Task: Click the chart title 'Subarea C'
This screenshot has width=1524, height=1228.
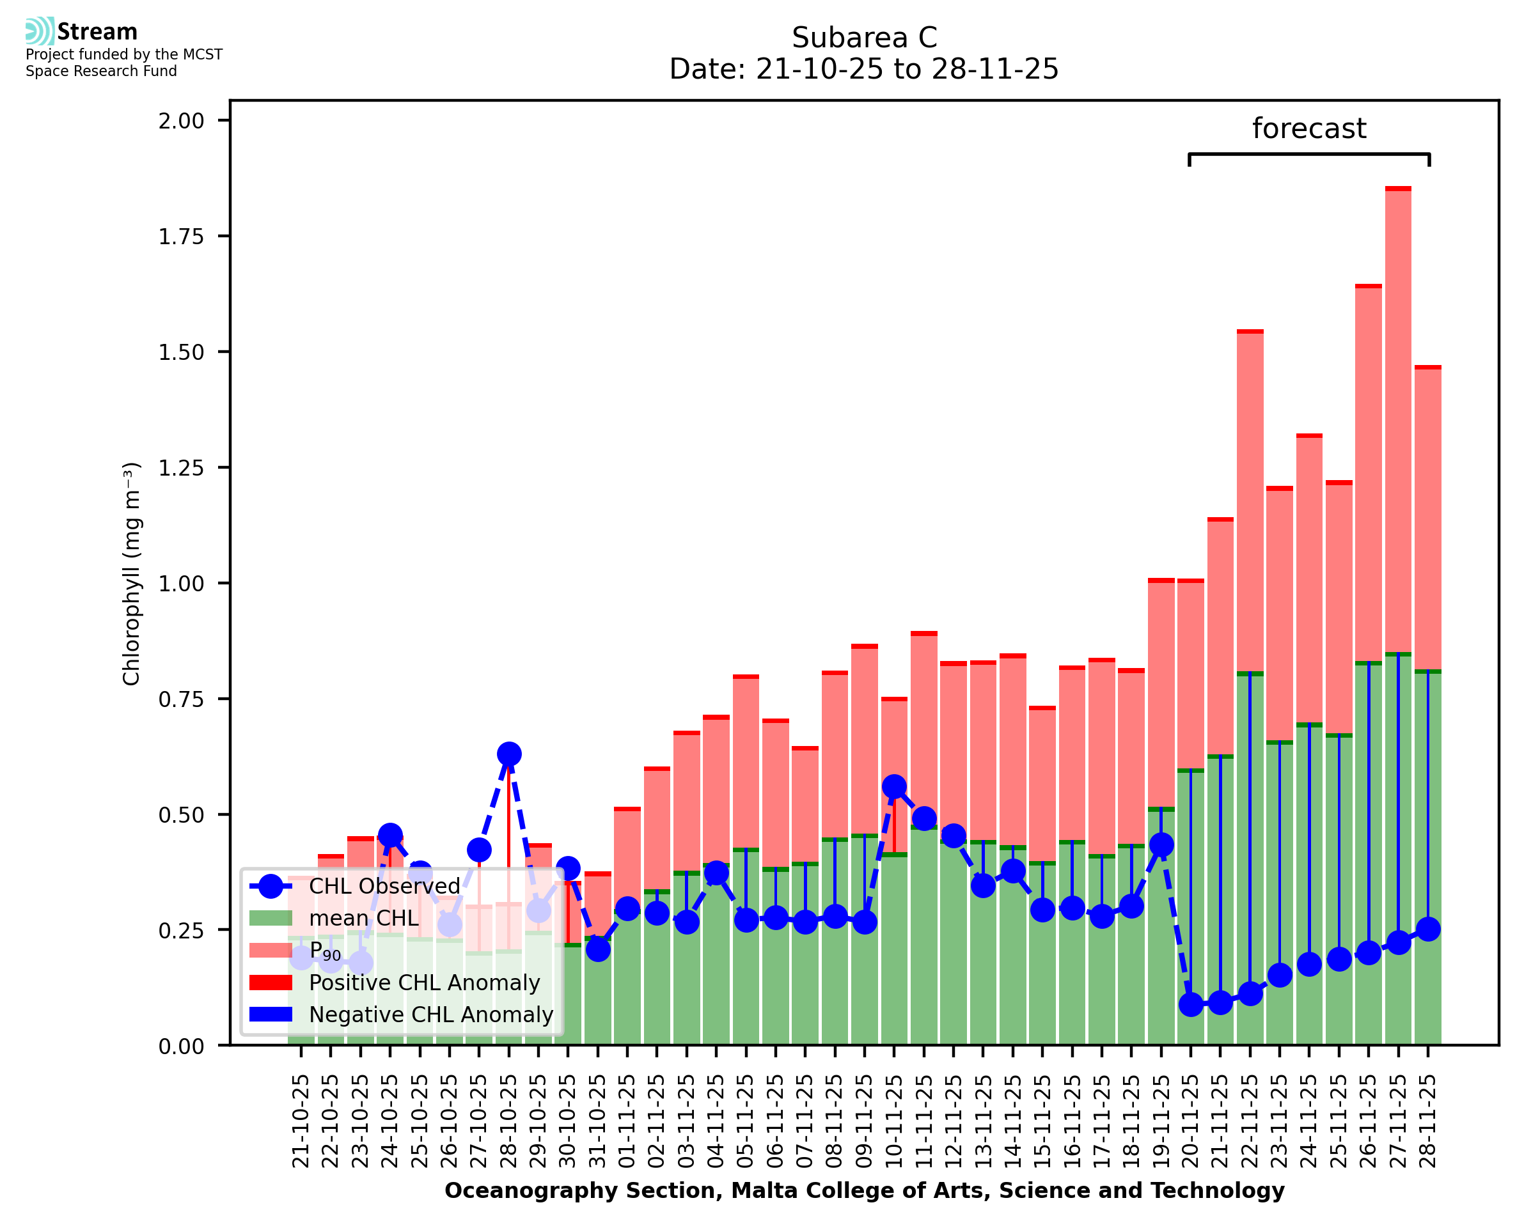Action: pyautogui.click(x=864, y=38)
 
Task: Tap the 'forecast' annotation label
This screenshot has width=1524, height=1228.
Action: pyautogui.click(x=1309, y=128)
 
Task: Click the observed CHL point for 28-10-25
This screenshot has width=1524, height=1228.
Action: pyautogui.click(x=508, y=754)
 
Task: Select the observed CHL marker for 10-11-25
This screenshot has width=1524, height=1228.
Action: pyautogui.click(x=894, y=787)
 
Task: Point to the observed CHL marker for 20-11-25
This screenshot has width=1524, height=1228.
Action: pyautogui.click(x=1191, y=1004)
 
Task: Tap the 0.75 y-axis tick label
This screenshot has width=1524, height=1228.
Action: pyautogui.click(x=180, y=699)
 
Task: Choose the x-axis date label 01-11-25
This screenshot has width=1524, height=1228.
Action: pyautogui.click(x=627, y=1121)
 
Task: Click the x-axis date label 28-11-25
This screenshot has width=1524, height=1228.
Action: pyautogui.click(x=1428, y=1121)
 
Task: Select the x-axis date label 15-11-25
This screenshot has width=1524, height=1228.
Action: pyautogui.click(x=1042, y=1121)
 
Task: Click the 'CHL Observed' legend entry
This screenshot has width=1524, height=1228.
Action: pyautogui.click(x=384, y=887)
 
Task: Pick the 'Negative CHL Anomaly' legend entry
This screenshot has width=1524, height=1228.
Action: pyautogui.click(x=431, y=1014)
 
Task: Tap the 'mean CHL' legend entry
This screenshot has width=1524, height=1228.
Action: pyautogui.click(x=364, y=918)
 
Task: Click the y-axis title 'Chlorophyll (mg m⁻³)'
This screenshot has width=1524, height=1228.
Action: pyautogui.click(x=132, y=573)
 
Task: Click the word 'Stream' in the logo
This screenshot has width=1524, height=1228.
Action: pyautogui.click(x=97, y=32)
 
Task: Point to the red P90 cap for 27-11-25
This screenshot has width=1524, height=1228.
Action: pyautogui.click(x=1398, y=189)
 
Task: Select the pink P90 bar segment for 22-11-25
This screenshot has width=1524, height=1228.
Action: pyautogui.click(x=1250, y=502)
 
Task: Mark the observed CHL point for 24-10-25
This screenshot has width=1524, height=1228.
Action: pyautogui.click(x=391, y=836)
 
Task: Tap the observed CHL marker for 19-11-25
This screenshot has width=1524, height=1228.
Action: pyautogui.click(x=1161, y=845)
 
